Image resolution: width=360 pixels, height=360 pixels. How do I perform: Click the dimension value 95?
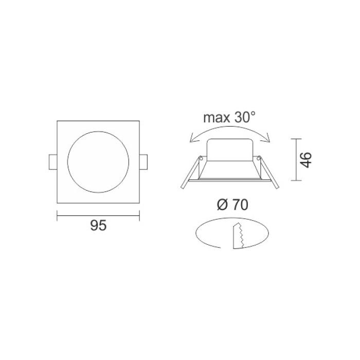pyautogui.click(x=98, y=225)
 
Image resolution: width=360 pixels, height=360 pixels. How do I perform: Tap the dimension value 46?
pyautogui.click(x=307, y=160)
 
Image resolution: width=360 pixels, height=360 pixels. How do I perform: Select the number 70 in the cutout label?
pyautogui.click(x=240, y=205)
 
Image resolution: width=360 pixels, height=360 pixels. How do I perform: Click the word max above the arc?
pyautogui.click(x=217, y=118)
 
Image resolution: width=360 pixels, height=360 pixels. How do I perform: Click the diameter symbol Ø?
pyautogui.click(x=222, y=205)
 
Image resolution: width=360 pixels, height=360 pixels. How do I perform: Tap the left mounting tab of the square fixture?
pyautogui.click(x=53, y=162)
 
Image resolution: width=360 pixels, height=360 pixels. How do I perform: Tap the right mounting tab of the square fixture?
pyautogui.click(x=143, y=162)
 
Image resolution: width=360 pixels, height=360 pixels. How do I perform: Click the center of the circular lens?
pyautogui.click(x=98, y=162)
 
